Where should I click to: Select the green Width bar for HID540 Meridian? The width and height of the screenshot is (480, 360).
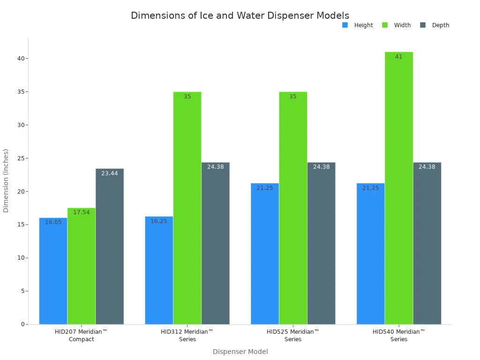(x=399, y=187)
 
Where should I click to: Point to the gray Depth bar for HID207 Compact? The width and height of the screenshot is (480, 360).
(x=110, y=246)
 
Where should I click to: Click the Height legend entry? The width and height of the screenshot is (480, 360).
(x=358, y=25)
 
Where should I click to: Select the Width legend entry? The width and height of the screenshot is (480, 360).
(x=397, y=25)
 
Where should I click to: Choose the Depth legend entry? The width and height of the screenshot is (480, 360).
(x=435, y=25)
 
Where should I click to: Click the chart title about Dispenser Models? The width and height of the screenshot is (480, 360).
(x=240, y=15)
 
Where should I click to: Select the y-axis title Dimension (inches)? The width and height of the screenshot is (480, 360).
(x=6, y=180)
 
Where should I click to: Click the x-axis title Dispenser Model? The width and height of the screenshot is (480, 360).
(x=240, y=352)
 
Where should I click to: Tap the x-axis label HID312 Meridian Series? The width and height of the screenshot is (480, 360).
(x=187, y=335)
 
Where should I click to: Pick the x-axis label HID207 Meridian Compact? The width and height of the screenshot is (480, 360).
(x=81, y=335)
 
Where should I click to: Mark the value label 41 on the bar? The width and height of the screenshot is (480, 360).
(x=399, y=57)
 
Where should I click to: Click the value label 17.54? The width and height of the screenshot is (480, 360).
(x=81, y=212)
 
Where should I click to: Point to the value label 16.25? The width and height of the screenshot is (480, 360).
(x=159, y=221)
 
